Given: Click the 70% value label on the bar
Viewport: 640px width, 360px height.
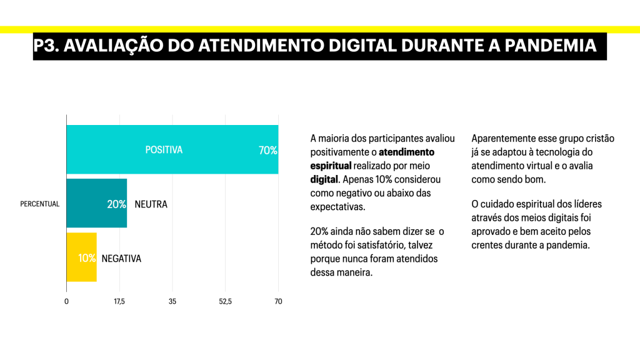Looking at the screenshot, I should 267,151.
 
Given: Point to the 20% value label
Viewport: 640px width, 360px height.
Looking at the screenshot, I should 116,204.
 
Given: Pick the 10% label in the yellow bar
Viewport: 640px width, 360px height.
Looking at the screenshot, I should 87,258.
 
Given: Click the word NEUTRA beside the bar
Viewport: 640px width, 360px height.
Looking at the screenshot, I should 151,204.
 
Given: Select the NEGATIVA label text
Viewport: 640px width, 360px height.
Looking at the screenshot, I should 121,258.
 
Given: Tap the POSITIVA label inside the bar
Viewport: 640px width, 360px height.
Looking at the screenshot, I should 164,150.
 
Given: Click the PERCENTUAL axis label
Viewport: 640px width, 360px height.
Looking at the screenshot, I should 40,204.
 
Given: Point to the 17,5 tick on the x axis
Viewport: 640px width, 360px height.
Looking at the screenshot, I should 119,301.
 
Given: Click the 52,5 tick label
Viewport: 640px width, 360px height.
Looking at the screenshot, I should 225,301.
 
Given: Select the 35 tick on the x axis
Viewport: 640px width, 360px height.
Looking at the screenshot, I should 172,301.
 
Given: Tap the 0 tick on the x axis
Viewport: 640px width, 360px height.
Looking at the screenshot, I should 67,301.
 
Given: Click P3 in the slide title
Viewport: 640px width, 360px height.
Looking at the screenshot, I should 46,46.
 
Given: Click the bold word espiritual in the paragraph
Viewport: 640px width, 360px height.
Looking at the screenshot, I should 330,166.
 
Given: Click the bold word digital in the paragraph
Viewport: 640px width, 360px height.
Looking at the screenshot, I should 324,179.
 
